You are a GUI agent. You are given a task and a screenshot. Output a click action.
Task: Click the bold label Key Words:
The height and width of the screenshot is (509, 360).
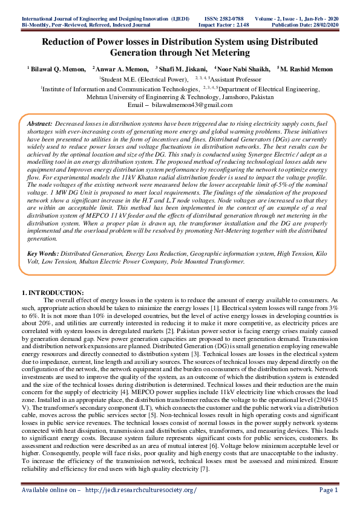43,268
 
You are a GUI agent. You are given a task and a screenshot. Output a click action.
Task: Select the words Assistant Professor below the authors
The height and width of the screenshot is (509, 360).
239,79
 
